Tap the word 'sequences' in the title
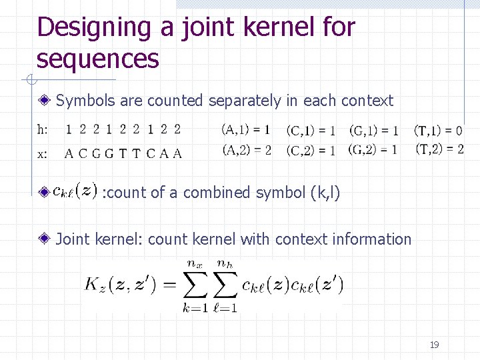(98, 59)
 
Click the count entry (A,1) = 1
(247, 129)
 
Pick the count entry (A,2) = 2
(247, 150)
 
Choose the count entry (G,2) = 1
(373, 150)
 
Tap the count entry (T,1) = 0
(439, 130)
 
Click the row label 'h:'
(42, 129)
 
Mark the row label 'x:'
(42, 154)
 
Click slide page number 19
(434, 345)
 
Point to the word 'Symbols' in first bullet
(83, 101)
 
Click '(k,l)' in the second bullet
(325, 193)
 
